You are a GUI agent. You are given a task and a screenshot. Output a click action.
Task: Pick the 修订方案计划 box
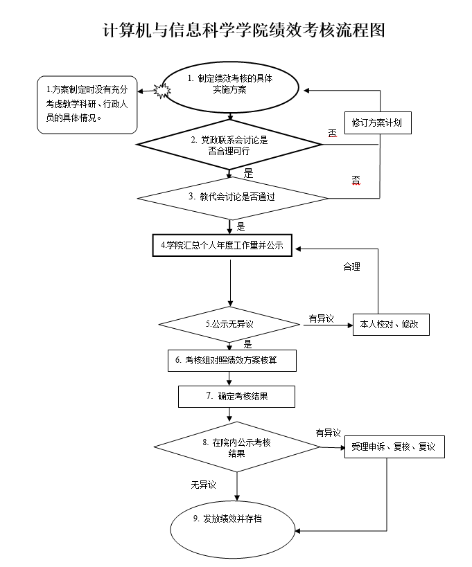(x=376, y=123)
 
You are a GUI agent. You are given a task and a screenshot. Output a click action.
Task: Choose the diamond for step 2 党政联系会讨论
(x=229, y=145)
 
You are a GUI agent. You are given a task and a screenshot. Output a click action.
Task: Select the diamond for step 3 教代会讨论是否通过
(x=232, y=197)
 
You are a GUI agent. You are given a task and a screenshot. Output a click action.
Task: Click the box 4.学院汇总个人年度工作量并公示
(x=222, y=245)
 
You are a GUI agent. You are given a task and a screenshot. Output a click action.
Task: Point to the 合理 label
(x=352, y=266)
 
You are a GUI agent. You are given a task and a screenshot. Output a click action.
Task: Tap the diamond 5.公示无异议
(x=230, y=323)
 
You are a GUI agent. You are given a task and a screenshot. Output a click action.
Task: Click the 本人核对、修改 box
(x=392, y=324)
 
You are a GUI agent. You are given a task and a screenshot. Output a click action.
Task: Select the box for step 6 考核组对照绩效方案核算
(x=232, y=360)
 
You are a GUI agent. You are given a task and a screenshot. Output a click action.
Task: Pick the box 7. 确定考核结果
(x=236, y=397)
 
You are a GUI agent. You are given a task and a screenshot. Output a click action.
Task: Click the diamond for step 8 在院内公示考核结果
(x=237, y=447)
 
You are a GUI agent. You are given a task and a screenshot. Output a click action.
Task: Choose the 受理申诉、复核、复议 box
(x=394, y=447)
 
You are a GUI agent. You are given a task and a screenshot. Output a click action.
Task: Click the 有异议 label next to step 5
(x=321, y=319)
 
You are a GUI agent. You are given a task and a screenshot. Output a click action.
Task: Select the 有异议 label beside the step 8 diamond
(x=329, y=433)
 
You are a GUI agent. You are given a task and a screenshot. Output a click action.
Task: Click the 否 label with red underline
(x=356, y=179)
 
